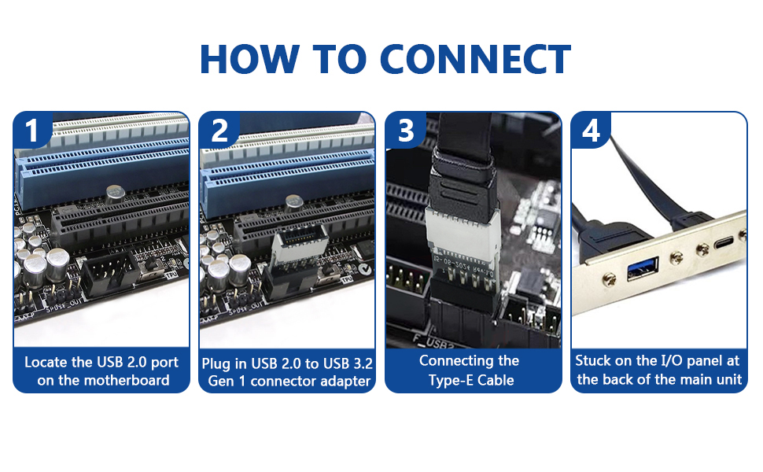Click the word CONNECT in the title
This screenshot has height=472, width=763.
click(475, 59)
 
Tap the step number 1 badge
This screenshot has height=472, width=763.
click(31, 131)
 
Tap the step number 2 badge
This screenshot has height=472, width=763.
click(219, 131)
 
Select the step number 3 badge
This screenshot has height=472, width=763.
click(405, 131)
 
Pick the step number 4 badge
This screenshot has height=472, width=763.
click(591, 131)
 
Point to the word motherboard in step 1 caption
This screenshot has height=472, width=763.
click(129, 381)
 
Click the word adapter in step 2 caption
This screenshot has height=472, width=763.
click(341, 382)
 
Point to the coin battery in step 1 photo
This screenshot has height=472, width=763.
click(116, 192)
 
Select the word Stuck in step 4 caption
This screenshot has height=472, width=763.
click(595, 361)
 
